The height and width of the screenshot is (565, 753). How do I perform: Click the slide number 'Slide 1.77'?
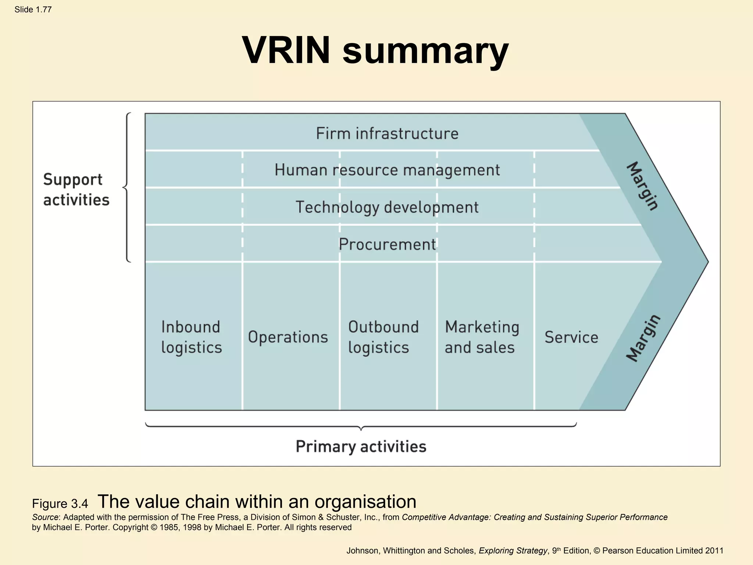[x=33, y=10]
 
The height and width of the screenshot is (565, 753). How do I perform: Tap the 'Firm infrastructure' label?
[x=387, y=133]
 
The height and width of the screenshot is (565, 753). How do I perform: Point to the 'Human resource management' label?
[x=387, y=170]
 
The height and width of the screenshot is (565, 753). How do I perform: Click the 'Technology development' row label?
[x=387, y=207]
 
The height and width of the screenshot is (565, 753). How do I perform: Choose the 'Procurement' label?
[x=387, y=244]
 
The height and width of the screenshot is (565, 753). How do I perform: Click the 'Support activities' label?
[x=76, y=190]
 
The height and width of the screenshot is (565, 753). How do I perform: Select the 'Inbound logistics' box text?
[x=191, y=337]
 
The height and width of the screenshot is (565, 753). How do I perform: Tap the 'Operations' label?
[x=288, y=337]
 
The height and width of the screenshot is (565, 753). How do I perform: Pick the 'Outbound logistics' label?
[x=383, y=337]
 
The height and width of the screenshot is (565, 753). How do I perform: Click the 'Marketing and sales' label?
[x=482, y=337]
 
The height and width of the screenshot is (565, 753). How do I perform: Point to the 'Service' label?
[x=571, y=337]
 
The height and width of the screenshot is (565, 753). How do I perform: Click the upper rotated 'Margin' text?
[x=642, y=186]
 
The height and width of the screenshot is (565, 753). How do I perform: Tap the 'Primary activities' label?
[x=361, y=447]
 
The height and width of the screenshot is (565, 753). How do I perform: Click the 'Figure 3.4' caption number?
[x=60, y=504]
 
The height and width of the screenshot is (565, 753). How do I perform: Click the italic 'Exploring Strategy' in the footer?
[x=513, y=551]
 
